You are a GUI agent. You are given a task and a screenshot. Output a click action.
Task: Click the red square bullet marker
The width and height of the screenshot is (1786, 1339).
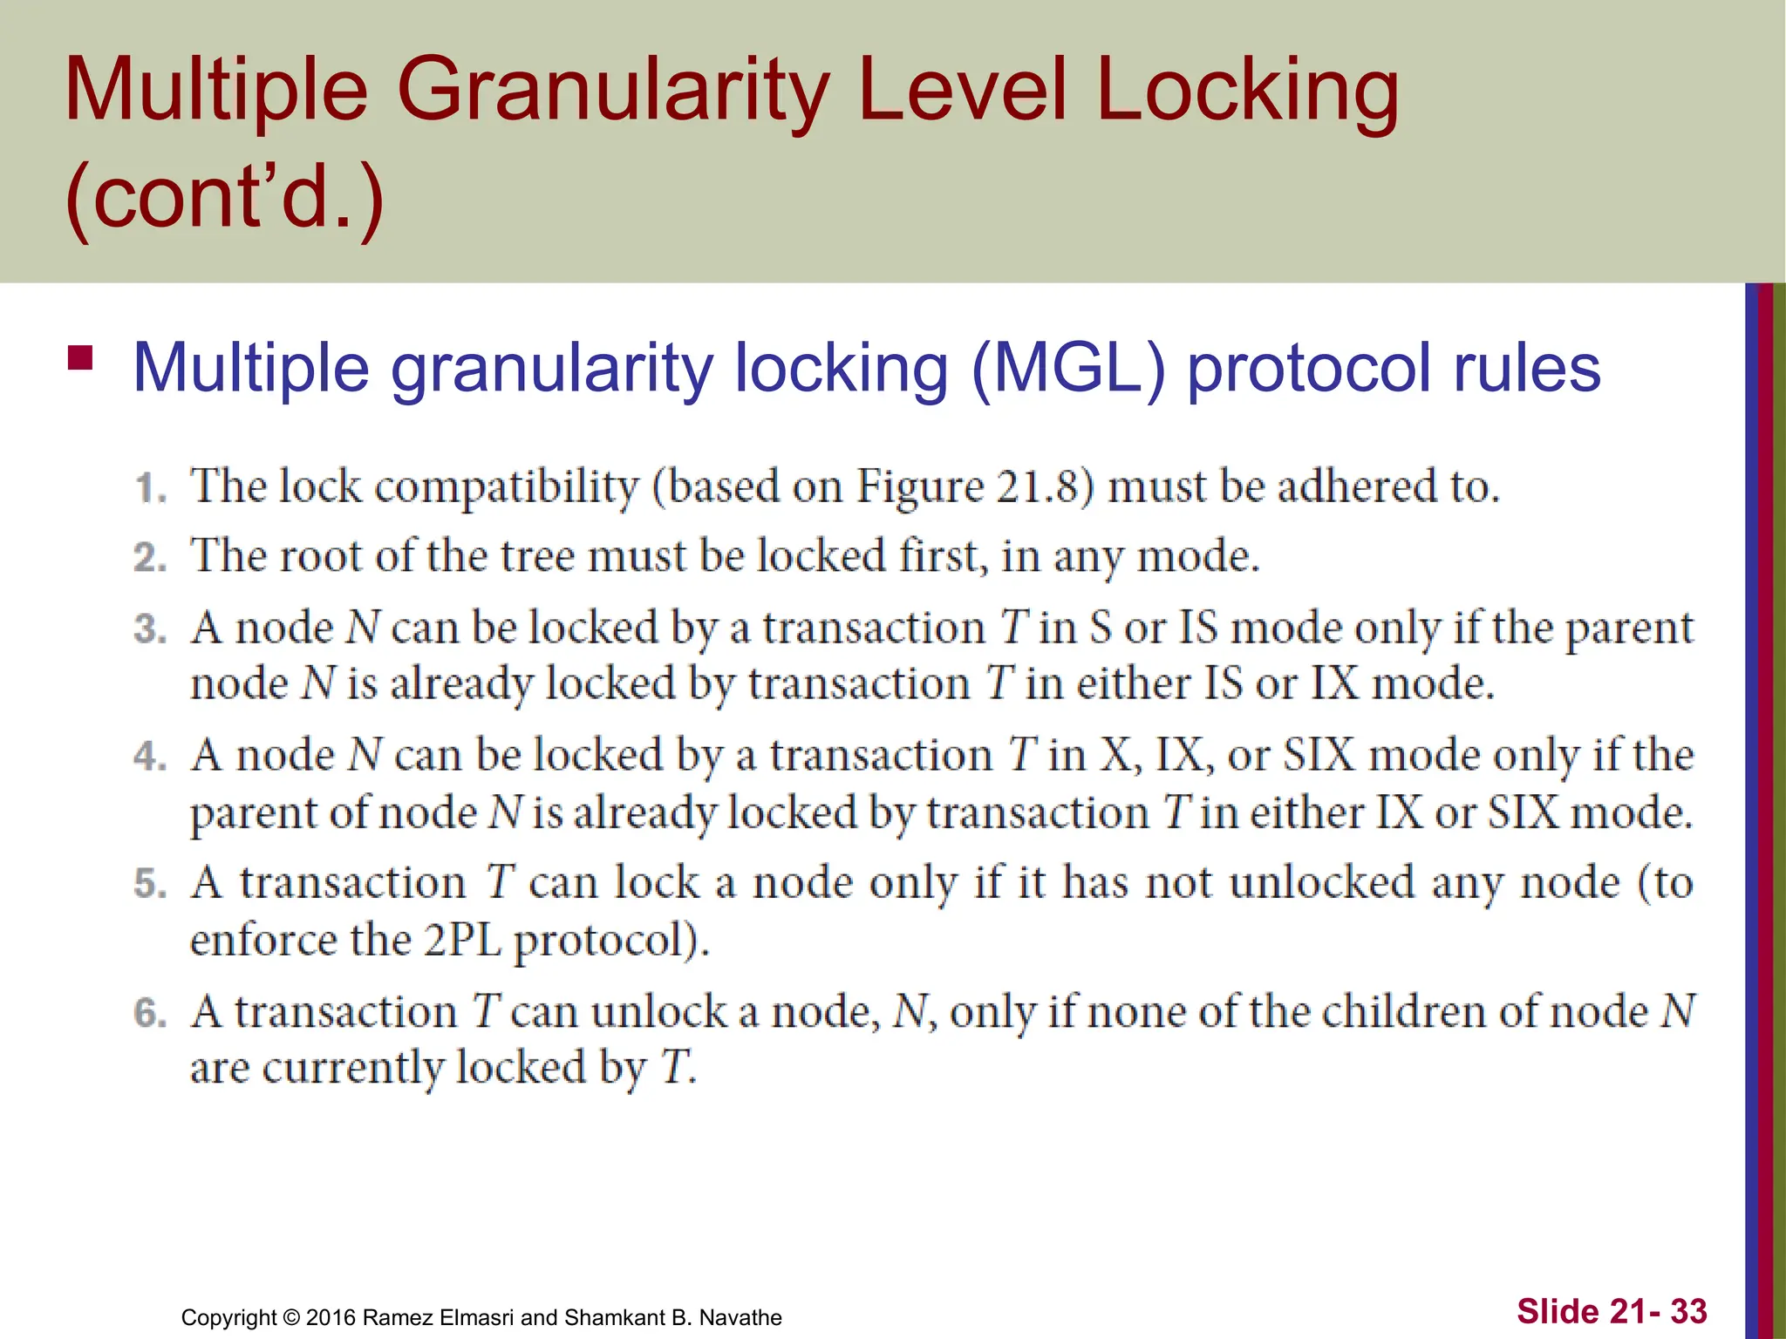[x=80, y=358]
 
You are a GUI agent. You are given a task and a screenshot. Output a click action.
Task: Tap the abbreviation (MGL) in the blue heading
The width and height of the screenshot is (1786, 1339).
[x=1067, y=369]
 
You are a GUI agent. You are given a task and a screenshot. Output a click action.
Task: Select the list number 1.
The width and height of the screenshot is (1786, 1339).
[x=152, y=488]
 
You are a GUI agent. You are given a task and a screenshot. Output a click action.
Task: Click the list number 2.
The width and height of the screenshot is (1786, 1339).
[x=150, y=558]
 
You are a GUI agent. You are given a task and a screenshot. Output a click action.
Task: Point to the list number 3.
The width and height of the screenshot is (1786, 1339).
[x=150, y=629]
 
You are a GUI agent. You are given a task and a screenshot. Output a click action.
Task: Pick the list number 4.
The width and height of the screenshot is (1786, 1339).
[x=150, y=757]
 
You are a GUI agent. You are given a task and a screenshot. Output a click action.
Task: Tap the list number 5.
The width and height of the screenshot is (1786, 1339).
[x=150, y=884]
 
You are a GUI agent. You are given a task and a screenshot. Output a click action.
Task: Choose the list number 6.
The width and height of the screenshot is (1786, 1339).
[x=150, y=1013]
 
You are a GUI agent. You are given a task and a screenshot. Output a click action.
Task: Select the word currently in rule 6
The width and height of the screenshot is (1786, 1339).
[x=352, y=1068]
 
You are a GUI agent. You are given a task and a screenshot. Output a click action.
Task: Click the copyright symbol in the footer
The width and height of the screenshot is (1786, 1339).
[x=292, y=1317]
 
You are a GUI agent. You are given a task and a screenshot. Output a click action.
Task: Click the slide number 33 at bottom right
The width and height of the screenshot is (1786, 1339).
[x=1688, y=1311]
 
